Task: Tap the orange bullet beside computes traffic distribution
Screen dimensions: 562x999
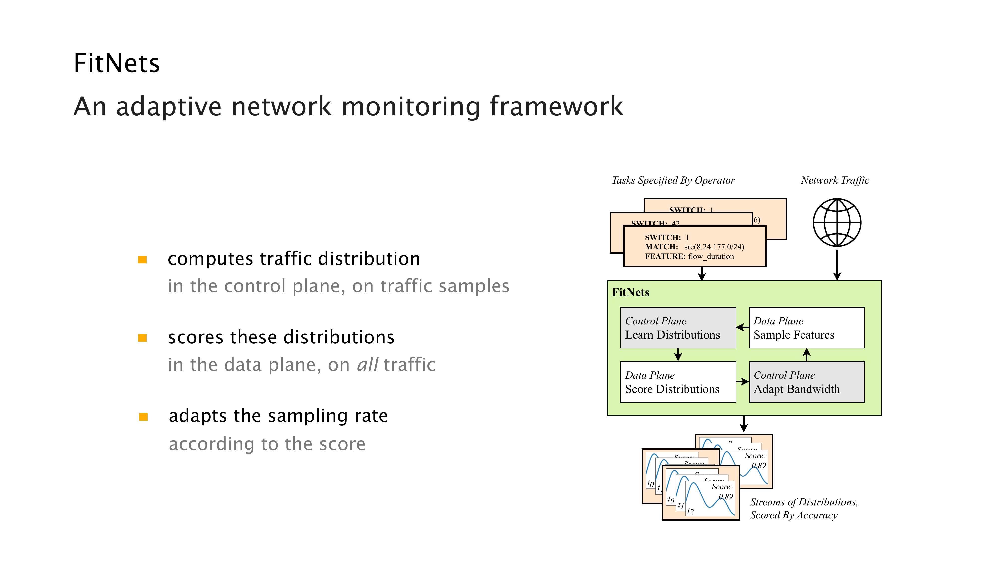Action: tap(142, 260)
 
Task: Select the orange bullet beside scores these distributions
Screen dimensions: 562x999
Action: tap(142, 338)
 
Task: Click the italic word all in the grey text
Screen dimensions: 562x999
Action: tap(367, 365)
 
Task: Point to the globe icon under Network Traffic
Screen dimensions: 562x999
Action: tap(837, 222)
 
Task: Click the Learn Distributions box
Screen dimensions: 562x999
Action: tap(678, 328)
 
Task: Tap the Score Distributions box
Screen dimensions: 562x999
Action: tap(678, 382)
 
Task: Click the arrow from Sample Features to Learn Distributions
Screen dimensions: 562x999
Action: tap(742, 327)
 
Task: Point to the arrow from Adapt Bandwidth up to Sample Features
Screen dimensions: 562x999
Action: tap(807, 354)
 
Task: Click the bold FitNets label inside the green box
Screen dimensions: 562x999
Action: tap(630, 292)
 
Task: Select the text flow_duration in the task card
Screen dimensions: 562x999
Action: tap(711, 256)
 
